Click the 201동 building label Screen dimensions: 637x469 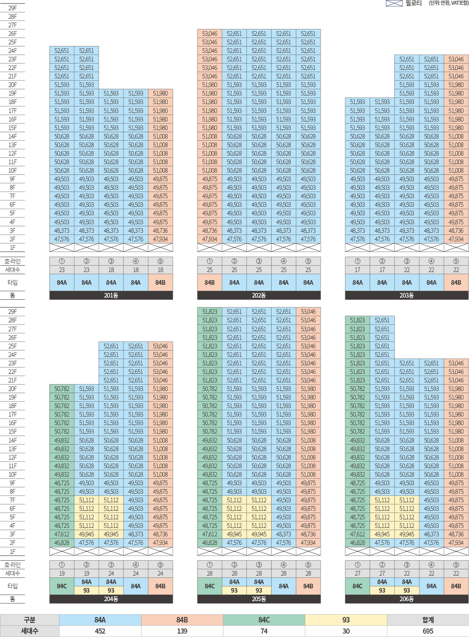(111, 295)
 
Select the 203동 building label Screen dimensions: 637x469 (406, 295)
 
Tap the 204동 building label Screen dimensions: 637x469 (111, 599)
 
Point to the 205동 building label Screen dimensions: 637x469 (259, 599)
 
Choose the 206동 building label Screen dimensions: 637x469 (406, 599)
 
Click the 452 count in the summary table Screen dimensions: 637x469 (100, 631)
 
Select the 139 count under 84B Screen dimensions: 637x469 (182, 631)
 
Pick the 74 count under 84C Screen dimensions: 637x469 (264, 631)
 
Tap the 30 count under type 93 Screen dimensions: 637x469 (346, 631)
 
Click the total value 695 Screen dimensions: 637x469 (428, 631)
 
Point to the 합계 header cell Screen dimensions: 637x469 (428, 620)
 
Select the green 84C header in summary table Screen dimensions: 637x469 (264, 620)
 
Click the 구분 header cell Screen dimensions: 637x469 (29, 620)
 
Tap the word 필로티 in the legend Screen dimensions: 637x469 (413, 3)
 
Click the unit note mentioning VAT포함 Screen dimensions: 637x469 (449, 3)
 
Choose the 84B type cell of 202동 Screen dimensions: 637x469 (210, 283)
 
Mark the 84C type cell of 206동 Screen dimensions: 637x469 (357, 586)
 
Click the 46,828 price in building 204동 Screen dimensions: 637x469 (62, 543)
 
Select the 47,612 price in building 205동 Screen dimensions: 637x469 (210, 534)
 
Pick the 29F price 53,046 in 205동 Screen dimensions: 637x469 (308, 312)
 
